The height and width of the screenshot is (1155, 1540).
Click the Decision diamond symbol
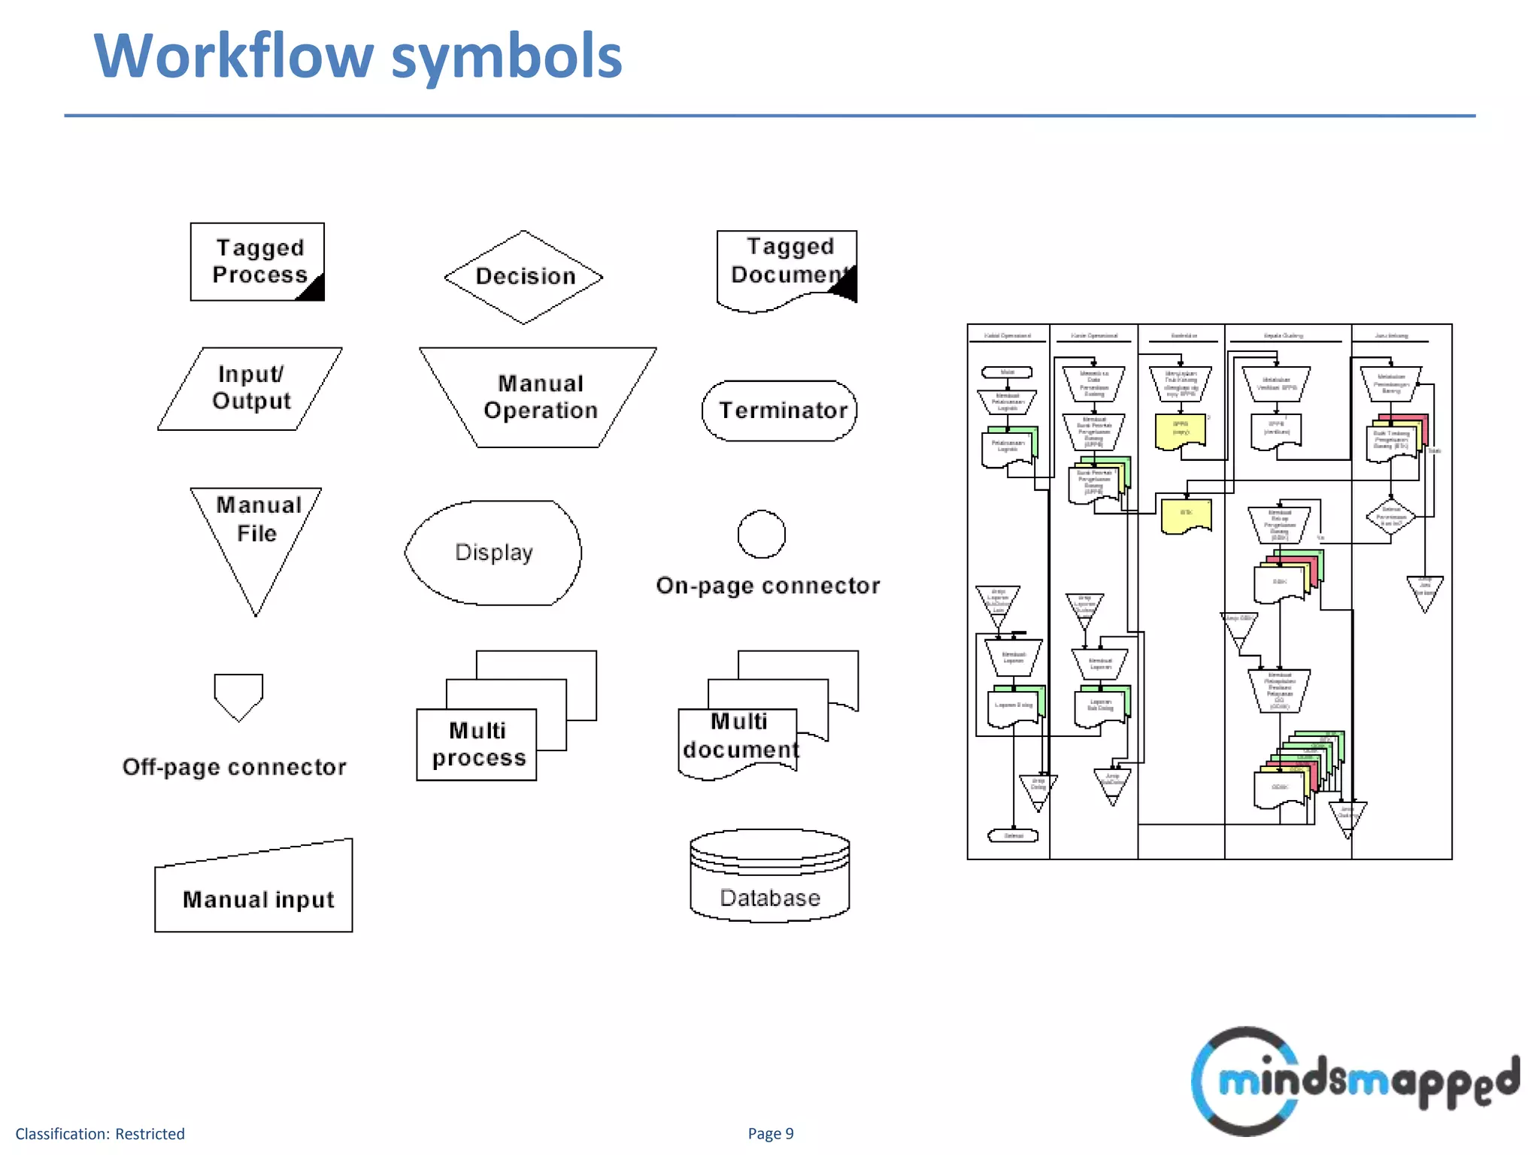click(523, 277)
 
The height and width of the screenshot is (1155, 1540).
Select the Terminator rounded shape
click(780, 411)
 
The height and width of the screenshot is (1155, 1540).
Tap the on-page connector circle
click(761, 535)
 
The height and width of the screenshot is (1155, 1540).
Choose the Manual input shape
click(254, 891)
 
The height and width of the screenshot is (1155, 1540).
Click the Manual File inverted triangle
click(256, 534)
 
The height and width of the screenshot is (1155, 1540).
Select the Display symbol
click(493, 553)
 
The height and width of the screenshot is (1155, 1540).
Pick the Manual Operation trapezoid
click(538, 397)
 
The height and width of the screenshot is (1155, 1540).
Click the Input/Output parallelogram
click(250, 389)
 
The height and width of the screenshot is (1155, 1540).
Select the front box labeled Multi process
click(477, 744)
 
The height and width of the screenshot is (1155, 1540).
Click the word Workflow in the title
click(233, 56)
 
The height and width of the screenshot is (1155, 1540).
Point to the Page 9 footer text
click(770, 1133)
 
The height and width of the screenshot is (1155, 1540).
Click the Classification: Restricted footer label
click(100, 1134)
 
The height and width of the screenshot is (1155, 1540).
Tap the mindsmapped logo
click(1354, 1081)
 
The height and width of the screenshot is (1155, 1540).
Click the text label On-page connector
click(768, 586)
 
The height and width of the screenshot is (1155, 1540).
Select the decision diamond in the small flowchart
click(1390, 517)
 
